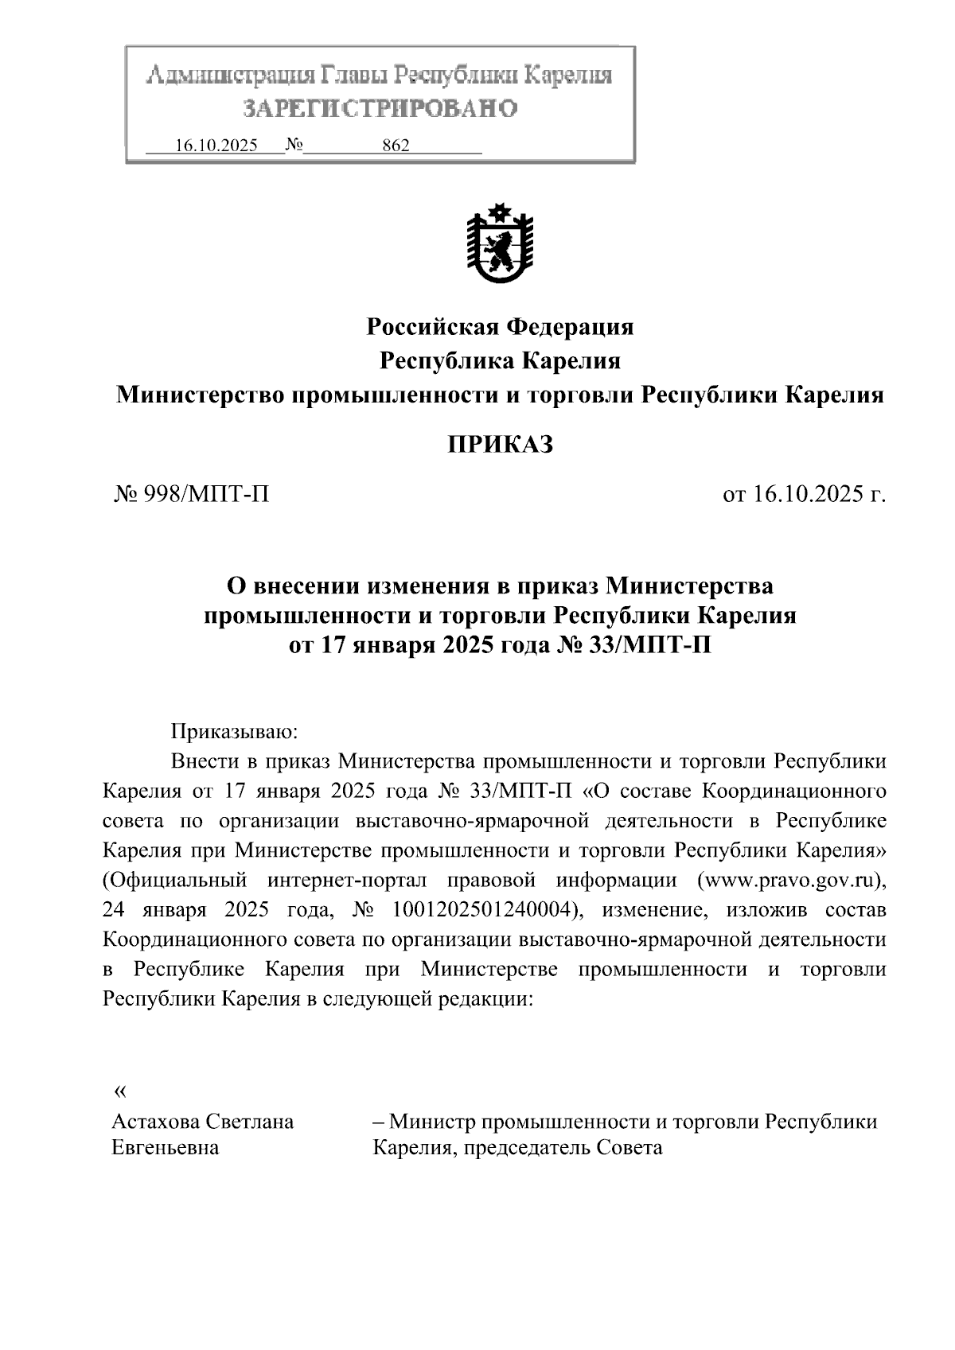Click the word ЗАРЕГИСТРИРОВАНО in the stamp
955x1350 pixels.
tap(380, 107)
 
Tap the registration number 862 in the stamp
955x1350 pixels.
tap(396, 146)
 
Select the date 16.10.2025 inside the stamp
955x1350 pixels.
tap(216, 146)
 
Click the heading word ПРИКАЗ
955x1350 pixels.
tap(500, 445)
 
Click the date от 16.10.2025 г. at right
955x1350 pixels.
tap(803, 495)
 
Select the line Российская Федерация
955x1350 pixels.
tap(500, 326)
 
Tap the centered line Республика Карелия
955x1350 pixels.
tap(500, 361)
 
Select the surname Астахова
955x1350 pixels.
tap(156, 1122)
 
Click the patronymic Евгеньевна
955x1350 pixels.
tap(166, 1149)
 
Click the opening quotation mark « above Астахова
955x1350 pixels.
tap(120, 1091)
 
